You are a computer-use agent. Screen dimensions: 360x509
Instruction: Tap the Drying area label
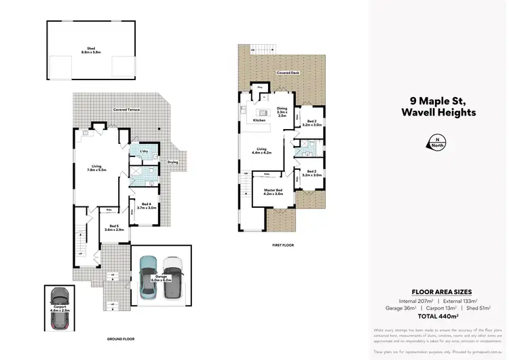[173, 162]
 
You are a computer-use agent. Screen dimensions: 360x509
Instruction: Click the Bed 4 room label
[147, 205]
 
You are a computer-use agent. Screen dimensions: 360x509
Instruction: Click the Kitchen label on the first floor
[258, 120]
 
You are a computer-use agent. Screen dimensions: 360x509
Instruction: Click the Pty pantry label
[259, 88]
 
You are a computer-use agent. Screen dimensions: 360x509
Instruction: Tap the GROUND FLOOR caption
[120, 338]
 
